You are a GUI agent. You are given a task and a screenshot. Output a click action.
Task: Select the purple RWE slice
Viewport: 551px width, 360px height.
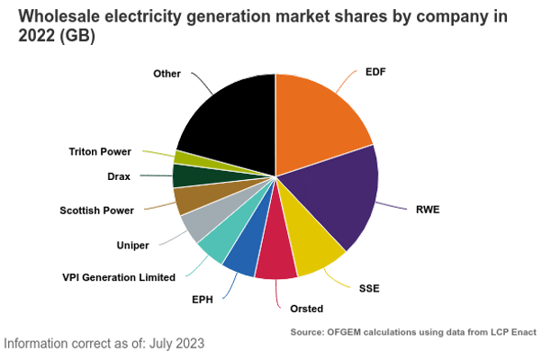pos(338,198)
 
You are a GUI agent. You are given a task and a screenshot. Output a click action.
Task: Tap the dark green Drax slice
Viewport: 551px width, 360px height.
pos(185,175)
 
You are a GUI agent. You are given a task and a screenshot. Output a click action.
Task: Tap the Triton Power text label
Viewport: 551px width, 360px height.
pos(100,151)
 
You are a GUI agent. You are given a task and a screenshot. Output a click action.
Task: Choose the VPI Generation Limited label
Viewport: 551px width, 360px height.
pos(118,277)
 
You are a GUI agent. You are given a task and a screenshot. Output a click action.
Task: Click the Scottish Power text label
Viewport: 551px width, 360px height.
pos(96,211)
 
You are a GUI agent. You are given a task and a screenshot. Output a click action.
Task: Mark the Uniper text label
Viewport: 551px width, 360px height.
pos(132,245)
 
